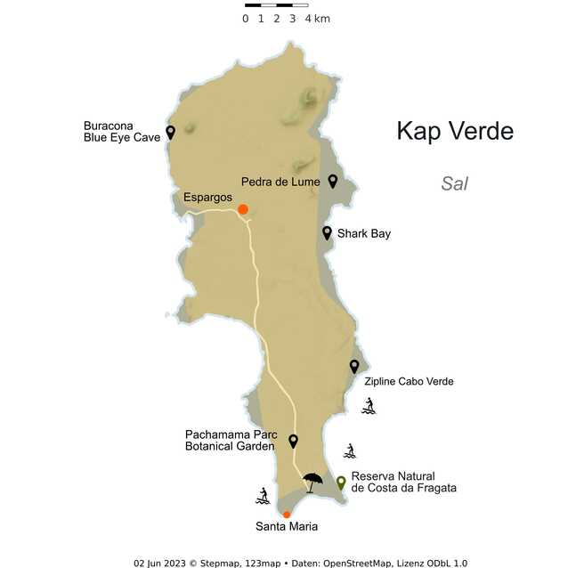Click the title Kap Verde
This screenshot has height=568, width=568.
pos(455,131)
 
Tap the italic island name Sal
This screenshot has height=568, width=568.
pos(454,183)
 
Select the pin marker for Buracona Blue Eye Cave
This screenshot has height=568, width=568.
pos(170,132)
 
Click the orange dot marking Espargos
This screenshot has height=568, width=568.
pos(242,210)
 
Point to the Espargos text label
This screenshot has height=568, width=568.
pos(207,197)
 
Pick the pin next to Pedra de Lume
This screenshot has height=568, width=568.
pos(332,181)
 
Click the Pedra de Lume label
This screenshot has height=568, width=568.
pos(280,182)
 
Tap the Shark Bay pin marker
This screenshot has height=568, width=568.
pos(327,232)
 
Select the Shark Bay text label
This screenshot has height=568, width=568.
pos(363,233)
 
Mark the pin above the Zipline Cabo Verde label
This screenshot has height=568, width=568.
pos(353,366)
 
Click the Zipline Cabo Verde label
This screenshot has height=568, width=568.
pos(409,381)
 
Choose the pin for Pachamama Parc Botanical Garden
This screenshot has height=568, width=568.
pos(293,440)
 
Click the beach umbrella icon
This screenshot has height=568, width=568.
pos(312,482)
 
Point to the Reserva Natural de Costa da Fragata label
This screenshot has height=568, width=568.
pos(403,482)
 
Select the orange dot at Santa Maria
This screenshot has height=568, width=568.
pos(286,514)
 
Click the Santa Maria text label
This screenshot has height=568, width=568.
pos(287,527)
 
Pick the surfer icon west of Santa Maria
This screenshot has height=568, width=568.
pos(263,495)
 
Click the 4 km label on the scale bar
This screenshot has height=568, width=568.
pos(317,19)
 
